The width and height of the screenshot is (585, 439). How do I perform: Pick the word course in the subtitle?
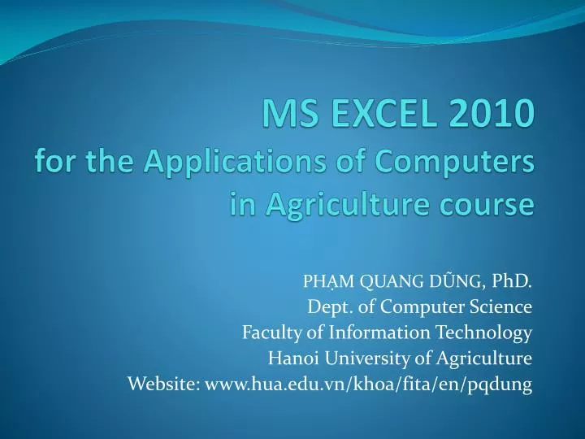491,204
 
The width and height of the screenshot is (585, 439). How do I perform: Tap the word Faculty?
267,333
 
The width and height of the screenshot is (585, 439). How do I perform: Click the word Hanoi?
288,359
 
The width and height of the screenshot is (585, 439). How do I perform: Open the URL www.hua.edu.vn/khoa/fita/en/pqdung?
368,385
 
